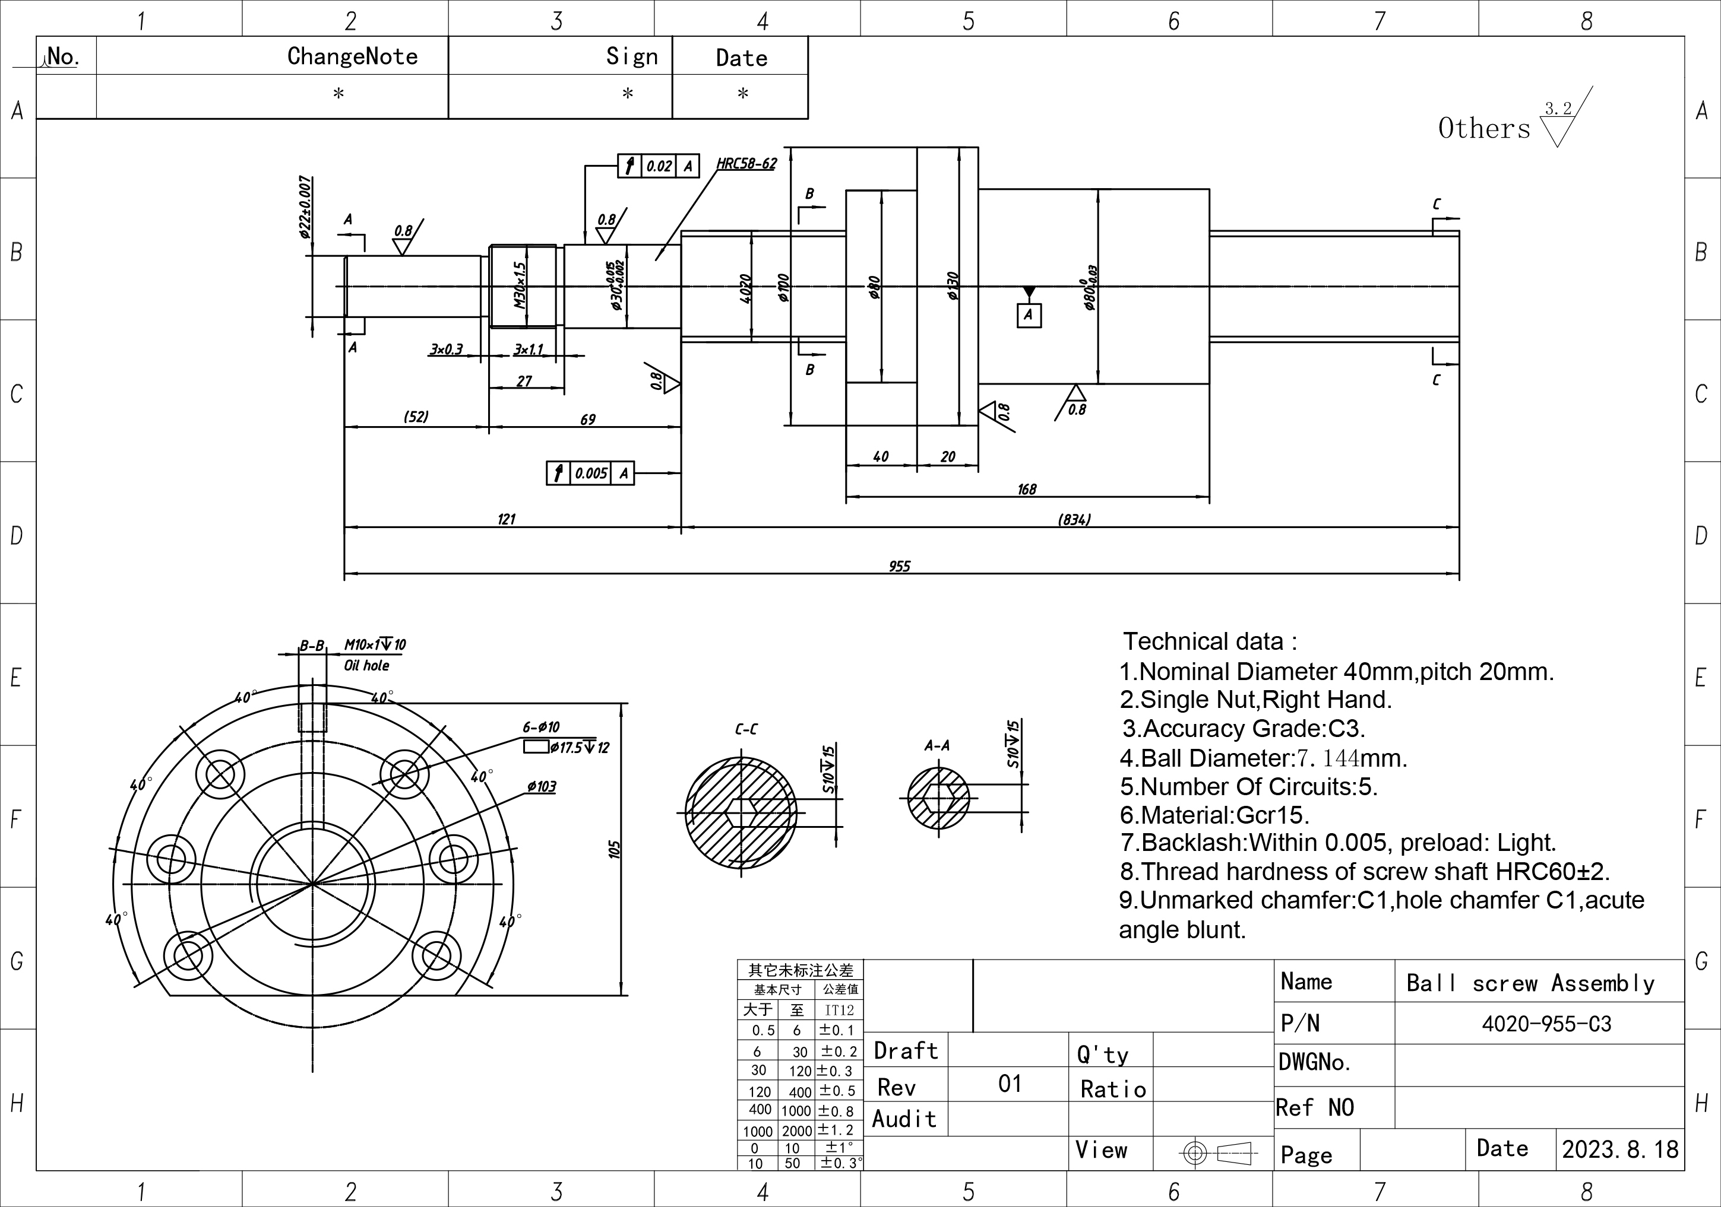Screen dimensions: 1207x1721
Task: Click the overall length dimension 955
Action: click(900, 567)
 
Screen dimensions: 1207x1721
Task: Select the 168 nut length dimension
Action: click(1026, 489)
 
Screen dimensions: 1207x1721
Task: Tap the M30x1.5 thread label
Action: click(520, 285)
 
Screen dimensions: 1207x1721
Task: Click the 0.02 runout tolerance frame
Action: click(658, 166)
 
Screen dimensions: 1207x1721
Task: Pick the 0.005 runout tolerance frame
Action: click(590, 474)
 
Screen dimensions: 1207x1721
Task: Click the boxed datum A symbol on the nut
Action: click(1029, 315)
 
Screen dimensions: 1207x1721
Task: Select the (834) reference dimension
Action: click(1074, 519)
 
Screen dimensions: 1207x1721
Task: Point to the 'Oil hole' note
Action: click(366, 665)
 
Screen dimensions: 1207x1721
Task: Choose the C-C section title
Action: click(746, 729)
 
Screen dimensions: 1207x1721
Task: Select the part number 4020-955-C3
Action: click(1546, 1024)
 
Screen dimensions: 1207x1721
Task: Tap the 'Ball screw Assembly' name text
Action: click(1530, 982)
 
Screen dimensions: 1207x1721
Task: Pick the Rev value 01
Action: click(1010, 1084)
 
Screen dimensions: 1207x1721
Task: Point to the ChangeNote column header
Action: click(352, 56)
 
